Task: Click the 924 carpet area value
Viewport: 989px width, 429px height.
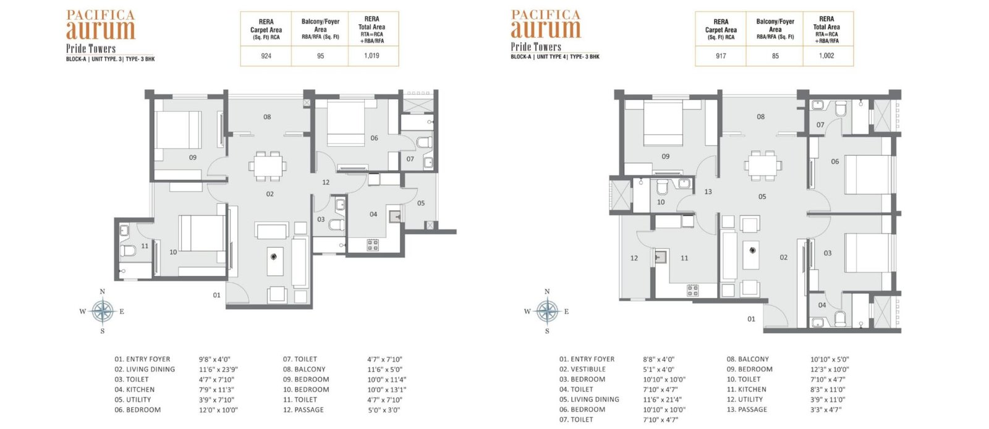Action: click(266, 56)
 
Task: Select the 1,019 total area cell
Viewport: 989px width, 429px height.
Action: click(371, 56)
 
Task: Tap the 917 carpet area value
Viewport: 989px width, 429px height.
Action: click(721, 56)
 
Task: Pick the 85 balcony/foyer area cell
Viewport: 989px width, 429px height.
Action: click(775, 56)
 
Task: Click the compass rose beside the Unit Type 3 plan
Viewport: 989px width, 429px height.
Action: click(103, 311)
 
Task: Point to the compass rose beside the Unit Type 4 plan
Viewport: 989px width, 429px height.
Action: click(547, 311)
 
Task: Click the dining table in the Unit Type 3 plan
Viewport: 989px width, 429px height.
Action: click(268, 166)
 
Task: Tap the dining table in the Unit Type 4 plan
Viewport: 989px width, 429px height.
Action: click(763, 166)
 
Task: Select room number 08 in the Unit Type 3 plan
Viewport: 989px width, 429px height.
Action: click(267, 117)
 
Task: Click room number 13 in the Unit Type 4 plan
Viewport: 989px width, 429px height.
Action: click(708, 192)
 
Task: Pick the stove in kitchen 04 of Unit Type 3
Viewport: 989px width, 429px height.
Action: click(373, 245)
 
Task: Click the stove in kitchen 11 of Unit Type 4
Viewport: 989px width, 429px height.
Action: click(692, 290)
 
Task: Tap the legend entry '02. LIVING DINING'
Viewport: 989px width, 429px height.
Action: click(145, 370)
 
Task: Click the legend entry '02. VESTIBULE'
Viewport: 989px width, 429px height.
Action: click(582, 370)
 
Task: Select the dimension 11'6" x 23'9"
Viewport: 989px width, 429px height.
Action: click(218, 370)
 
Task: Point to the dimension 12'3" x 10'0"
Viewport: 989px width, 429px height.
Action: click(830, 370)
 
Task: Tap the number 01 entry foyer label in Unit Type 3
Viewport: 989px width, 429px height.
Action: click(216, 295)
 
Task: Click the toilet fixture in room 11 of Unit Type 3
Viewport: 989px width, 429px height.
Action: click(129, 250)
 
